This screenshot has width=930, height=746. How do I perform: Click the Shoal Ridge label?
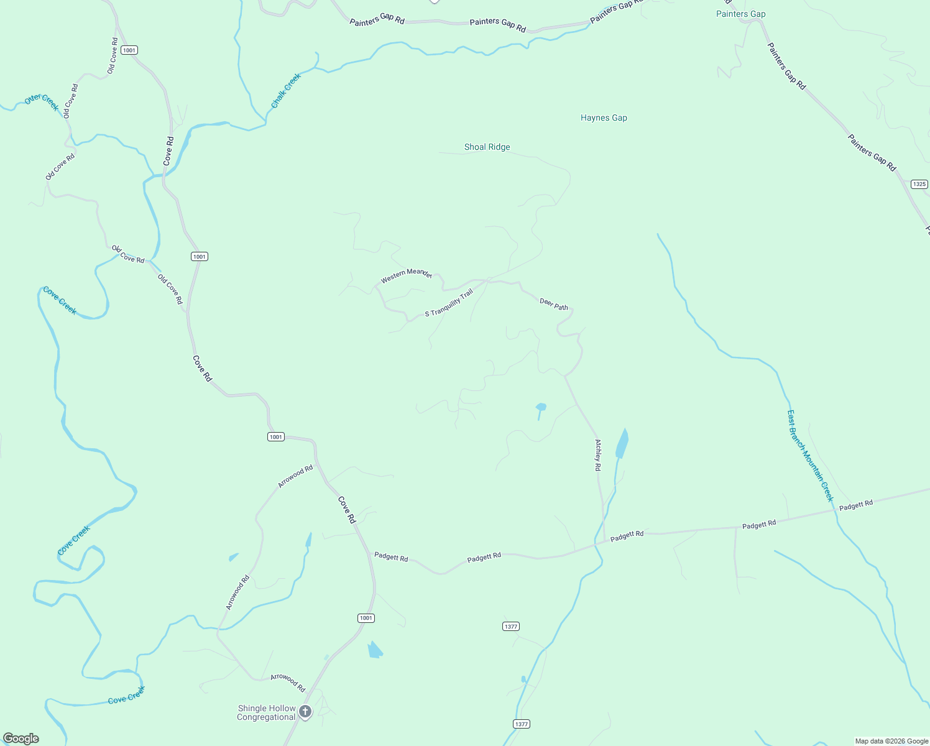(487, 147)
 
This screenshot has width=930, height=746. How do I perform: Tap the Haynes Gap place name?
(604, 117)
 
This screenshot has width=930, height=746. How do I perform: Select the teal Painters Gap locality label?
(740, 14)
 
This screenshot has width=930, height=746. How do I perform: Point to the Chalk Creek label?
(286, 91)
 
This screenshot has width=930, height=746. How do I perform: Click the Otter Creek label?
(42, 102)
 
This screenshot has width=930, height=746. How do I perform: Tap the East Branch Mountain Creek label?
(809, 455)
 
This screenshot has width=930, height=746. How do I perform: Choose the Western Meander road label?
(406, 275)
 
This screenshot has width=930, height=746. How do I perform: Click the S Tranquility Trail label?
(449, 303)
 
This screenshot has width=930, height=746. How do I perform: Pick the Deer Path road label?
(553, 304)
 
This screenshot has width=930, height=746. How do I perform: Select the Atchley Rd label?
(598, 455)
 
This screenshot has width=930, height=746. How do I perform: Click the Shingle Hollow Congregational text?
(266, 712)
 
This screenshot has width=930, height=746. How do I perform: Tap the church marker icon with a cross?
(305, 711)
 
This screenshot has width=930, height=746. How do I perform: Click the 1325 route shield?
(919, 184)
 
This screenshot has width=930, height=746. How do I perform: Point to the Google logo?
(21, 739)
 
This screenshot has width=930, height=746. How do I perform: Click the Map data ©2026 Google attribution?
(891, 741)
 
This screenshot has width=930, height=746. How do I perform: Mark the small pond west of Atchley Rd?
(541, 408)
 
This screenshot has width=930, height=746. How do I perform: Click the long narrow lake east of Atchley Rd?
(622, 444)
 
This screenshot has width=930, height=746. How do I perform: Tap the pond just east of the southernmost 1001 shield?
(374, 650)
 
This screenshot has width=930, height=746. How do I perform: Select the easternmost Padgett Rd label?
(855, 505)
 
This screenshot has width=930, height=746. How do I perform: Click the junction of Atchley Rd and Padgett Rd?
(604, 540)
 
